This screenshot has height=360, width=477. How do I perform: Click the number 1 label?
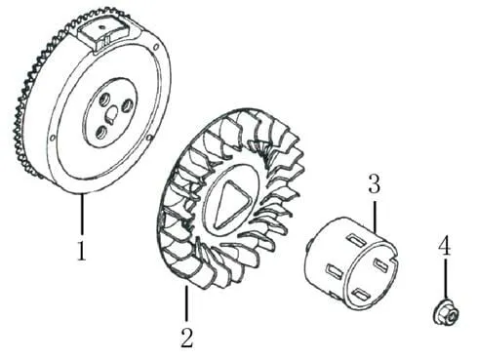click(82, 251)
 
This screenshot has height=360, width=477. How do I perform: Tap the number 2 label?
click(187, 339)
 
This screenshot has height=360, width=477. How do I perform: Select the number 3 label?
click(374, 183)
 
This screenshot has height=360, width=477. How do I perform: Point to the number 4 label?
click(445, 246)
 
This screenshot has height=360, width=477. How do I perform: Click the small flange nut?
click(445, 314)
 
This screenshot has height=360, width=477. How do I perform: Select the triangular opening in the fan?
click(231, 204)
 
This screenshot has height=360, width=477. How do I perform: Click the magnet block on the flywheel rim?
click(102, 34)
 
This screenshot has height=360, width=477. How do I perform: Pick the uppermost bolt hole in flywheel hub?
click(104, 99)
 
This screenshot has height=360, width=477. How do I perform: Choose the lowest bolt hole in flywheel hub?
click(101, 132)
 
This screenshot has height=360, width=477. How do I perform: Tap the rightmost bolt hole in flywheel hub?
click(127, 105)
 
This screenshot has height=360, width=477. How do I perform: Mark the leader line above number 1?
click(82, 214)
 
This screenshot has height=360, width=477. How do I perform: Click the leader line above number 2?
click(186, 303)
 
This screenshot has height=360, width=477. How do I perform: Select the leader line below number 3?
click(375, 217)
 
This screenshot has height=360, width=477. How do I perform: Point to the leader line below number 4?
click(445, 279)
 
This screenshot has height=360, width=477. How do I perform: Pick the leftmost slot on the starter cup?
click(335, 271)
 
